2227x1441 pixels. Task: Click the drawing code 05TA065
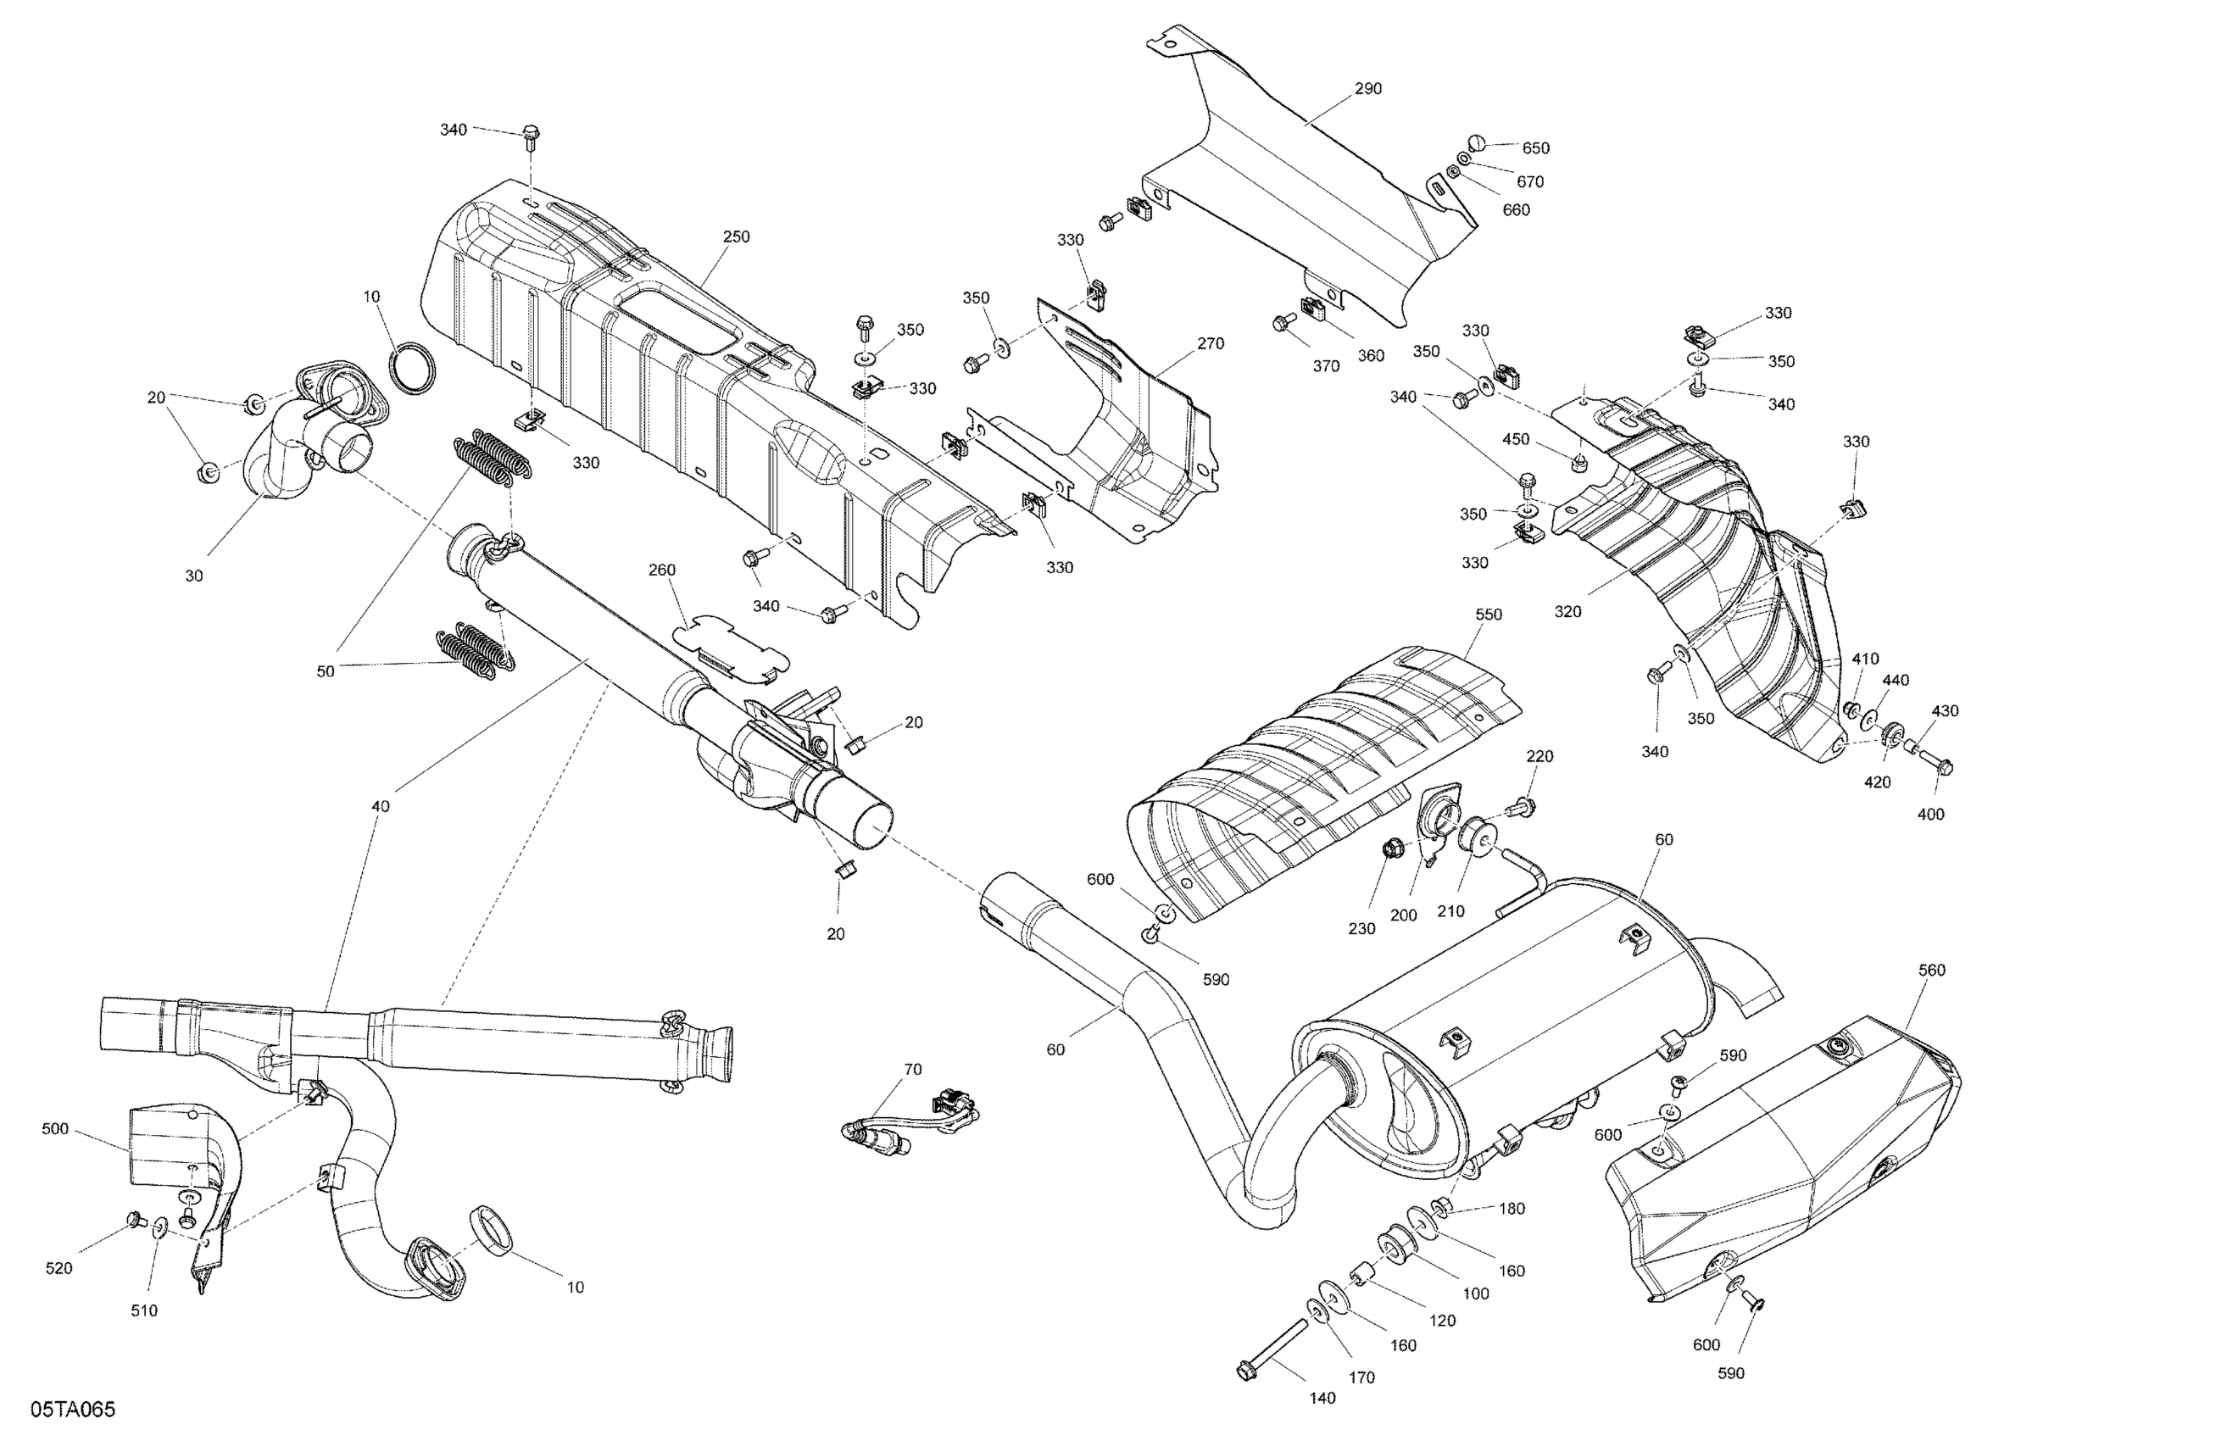[73, 1409]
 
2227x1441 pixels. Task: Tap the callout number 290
[1368, 90]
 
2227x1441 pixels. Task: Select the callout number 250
[737, 236]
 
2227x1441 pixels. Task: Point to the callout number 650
[1535, 147]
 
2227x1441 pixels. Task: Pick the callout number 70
[912, 1069]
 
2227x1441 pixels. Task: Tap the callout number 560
[1931, 971]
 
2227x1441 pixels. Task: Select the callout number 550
[1488, 615]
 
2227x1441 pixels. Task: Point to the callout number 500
[55, 1129]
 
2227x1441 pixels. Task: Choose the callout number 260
[661, 570]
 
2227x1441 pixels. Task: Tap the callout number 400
[1930, 814]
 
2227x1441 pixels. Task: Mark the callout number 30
[193, 576]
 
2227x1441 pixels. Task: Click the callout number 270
[1210, 343]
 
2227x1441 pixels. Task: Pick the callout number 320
[1567, 612]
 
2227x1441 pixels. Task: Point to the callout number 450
[1516, 440]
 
